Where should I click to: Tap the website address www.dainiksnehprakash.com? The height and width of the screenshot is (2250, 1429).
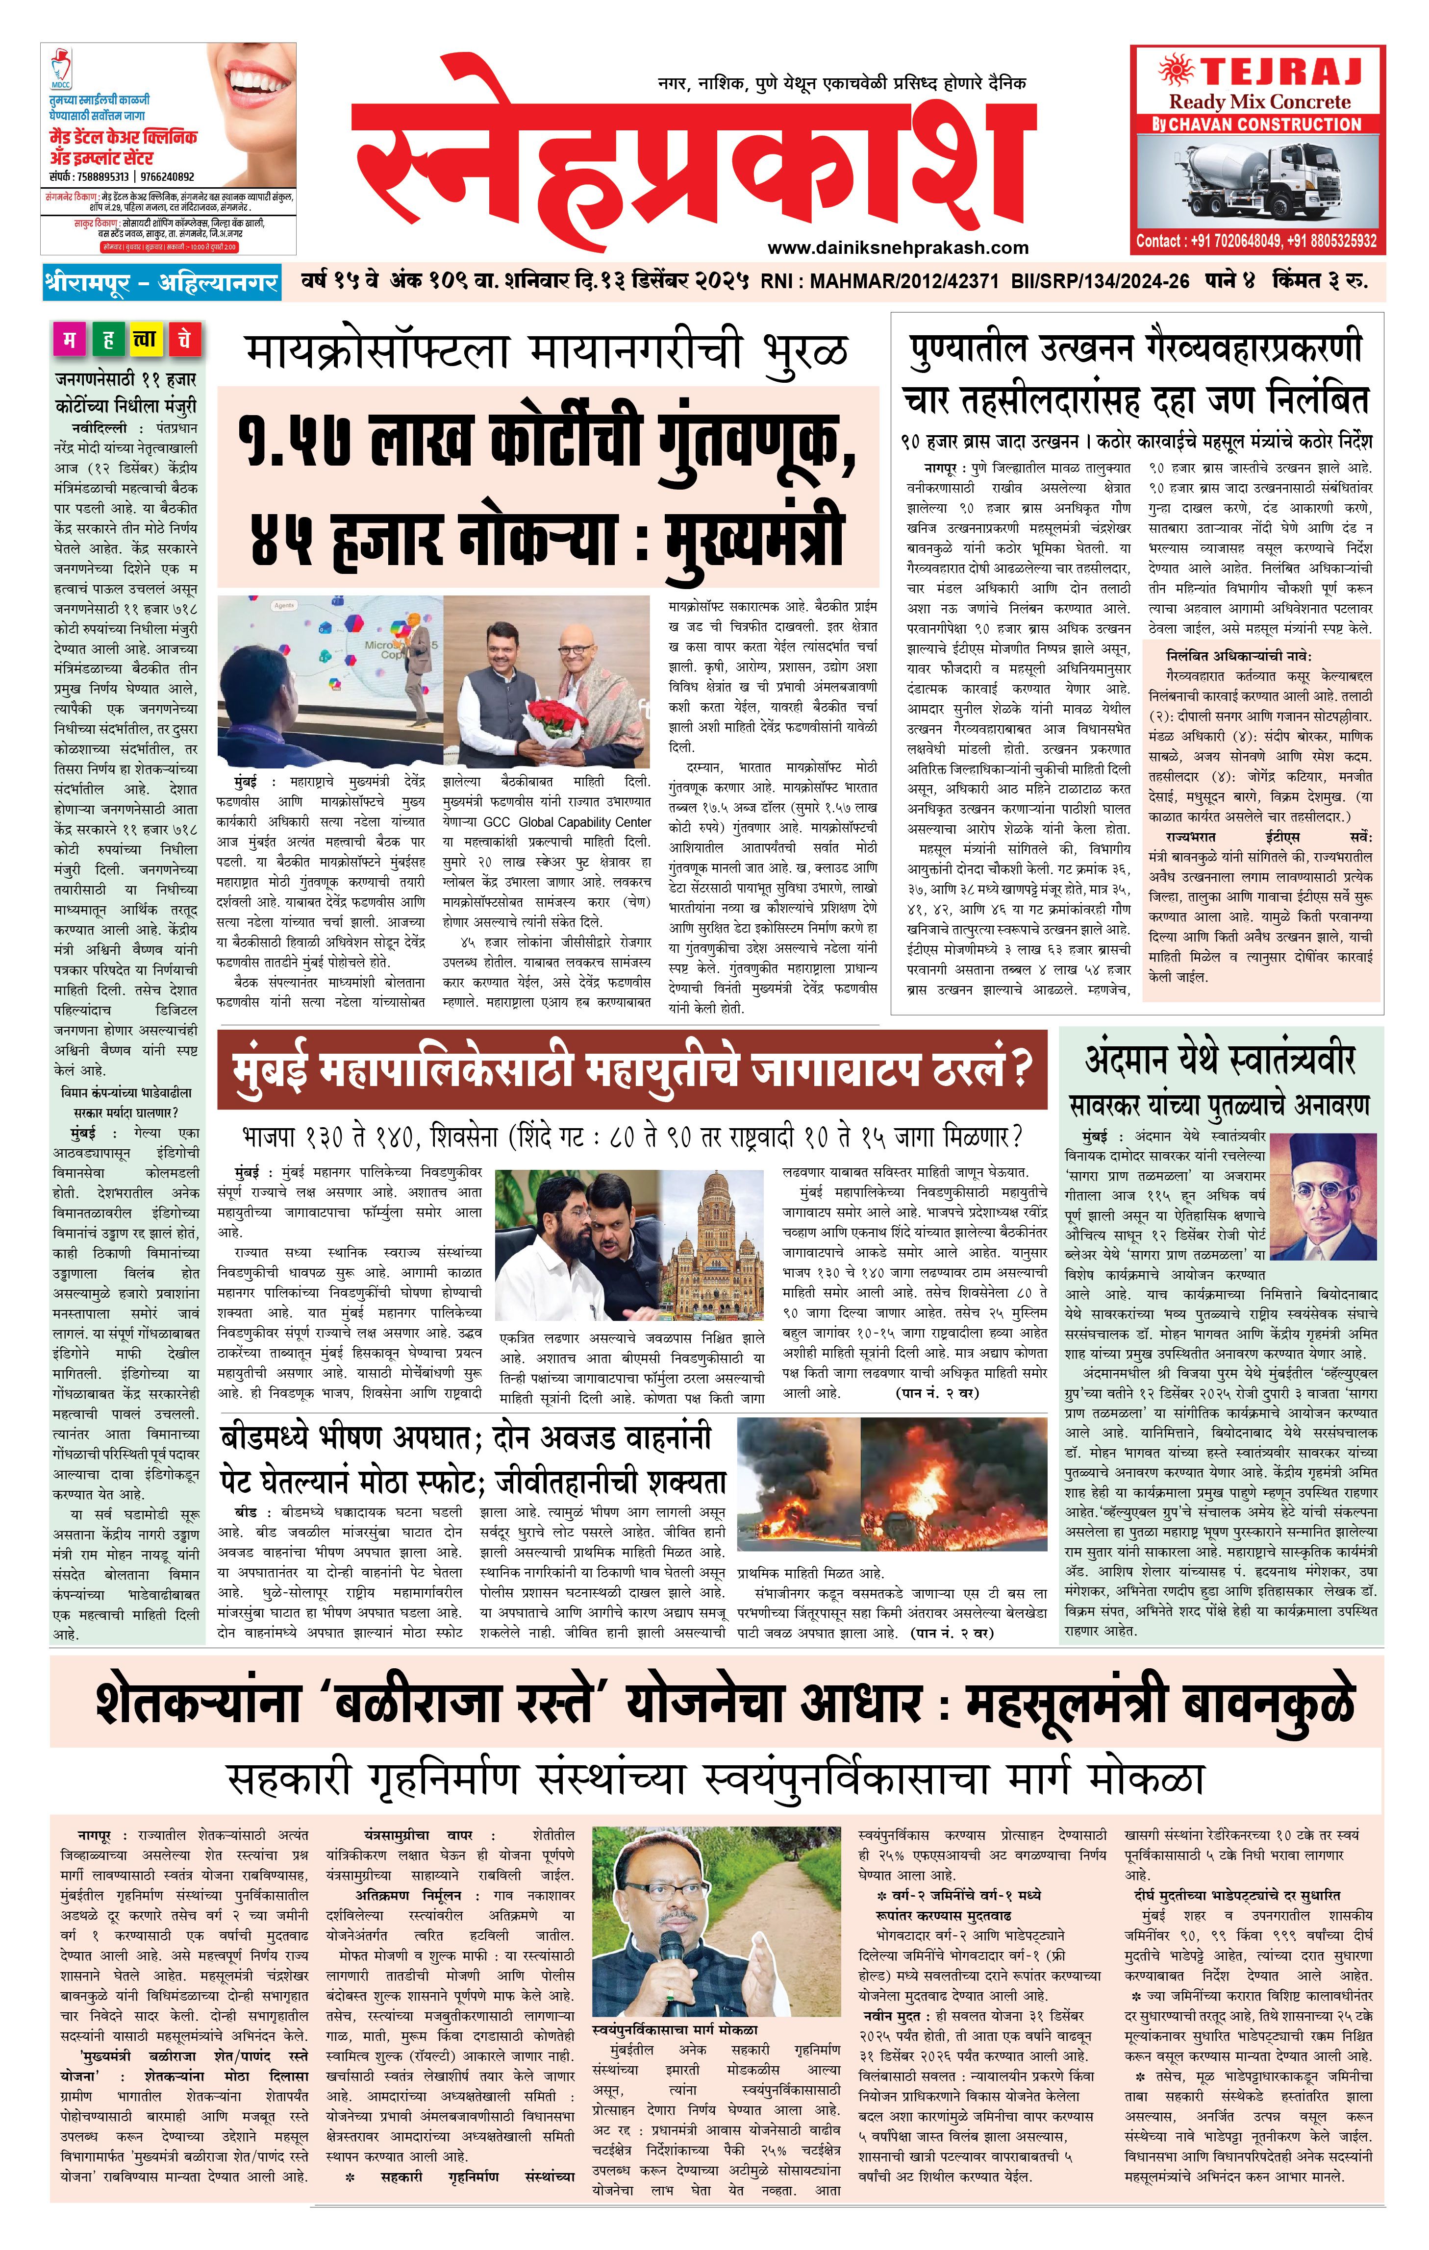click(897, 247)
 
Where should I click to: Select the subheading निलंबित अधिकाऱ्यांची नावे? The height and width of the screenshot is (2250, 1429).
click(1238, 656)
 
